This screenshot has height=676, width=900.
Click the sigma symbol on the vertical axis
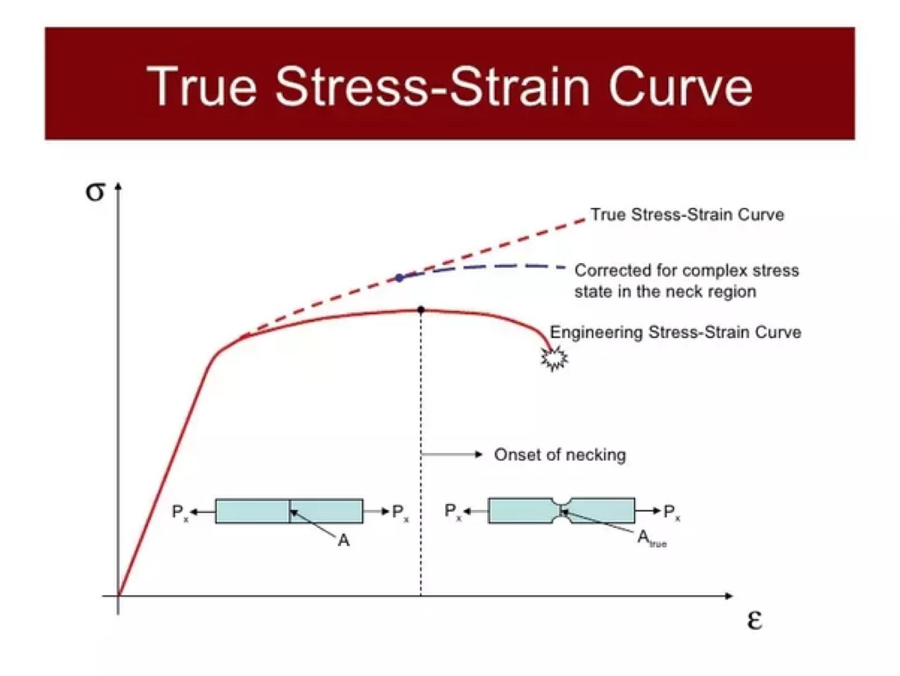pyautogui.click(x=95, y=191)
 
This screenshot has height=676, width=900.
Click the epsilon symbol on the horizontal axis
pyautogui.click(x=754, y=620)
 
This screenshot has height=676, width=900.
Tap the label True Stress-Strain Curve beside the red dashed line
pyautogui.click(x=687, y=215)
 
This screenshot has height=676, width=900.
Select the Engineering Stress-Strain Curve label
pyautogui.click(x=675, y=332)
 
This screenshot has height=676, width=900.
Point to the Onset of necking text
pyautogui.click(x=560, y=455)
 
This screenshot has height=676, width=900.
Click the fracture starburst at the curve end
pyautogui.click(x=554, y=359)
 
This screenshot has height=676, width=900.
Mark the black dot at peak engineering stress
pyautogui.click(x=421, y=310)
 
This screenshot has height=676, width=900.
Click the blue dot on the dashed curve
pyautogui.click(x=400, y=278)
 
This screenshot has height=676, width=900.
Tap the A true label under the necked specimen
pyautogui.click(x=651, y=539)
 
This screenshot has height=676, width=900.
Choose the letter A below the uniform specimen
pyautogui.click(x=344, y=541)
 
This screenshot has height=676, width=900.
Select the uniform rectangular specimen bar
pyautogui.click(x=289, y=511)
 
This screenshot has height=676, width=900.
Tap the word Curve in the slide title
pyautogui.click(x=680, y=86)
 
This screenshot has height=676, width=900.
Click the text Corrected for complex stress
pyautogui.click(x=686, y=271)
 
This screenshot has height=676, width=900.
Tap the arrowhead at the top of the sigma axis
pyautogui.click(x=118, y=187)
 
